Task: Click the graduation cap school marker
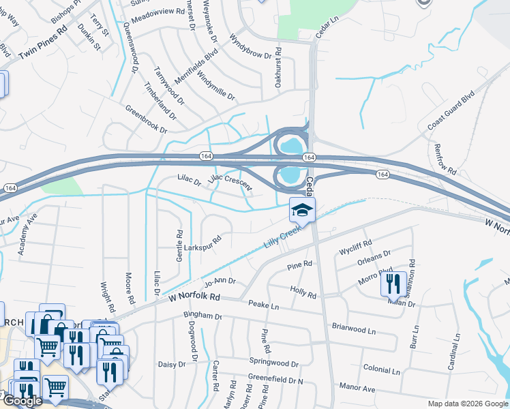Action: [303, 209]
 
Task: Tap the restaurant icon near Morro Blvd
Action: [393, 284]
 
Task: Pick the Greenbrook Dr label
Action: [146, 119]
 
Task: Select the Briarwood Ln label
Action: [354, 329]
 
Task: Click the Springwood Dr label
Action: [274, 365]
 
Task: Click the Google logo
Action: [22, 400]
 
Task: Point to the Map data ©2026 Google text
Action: [468, 404]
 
